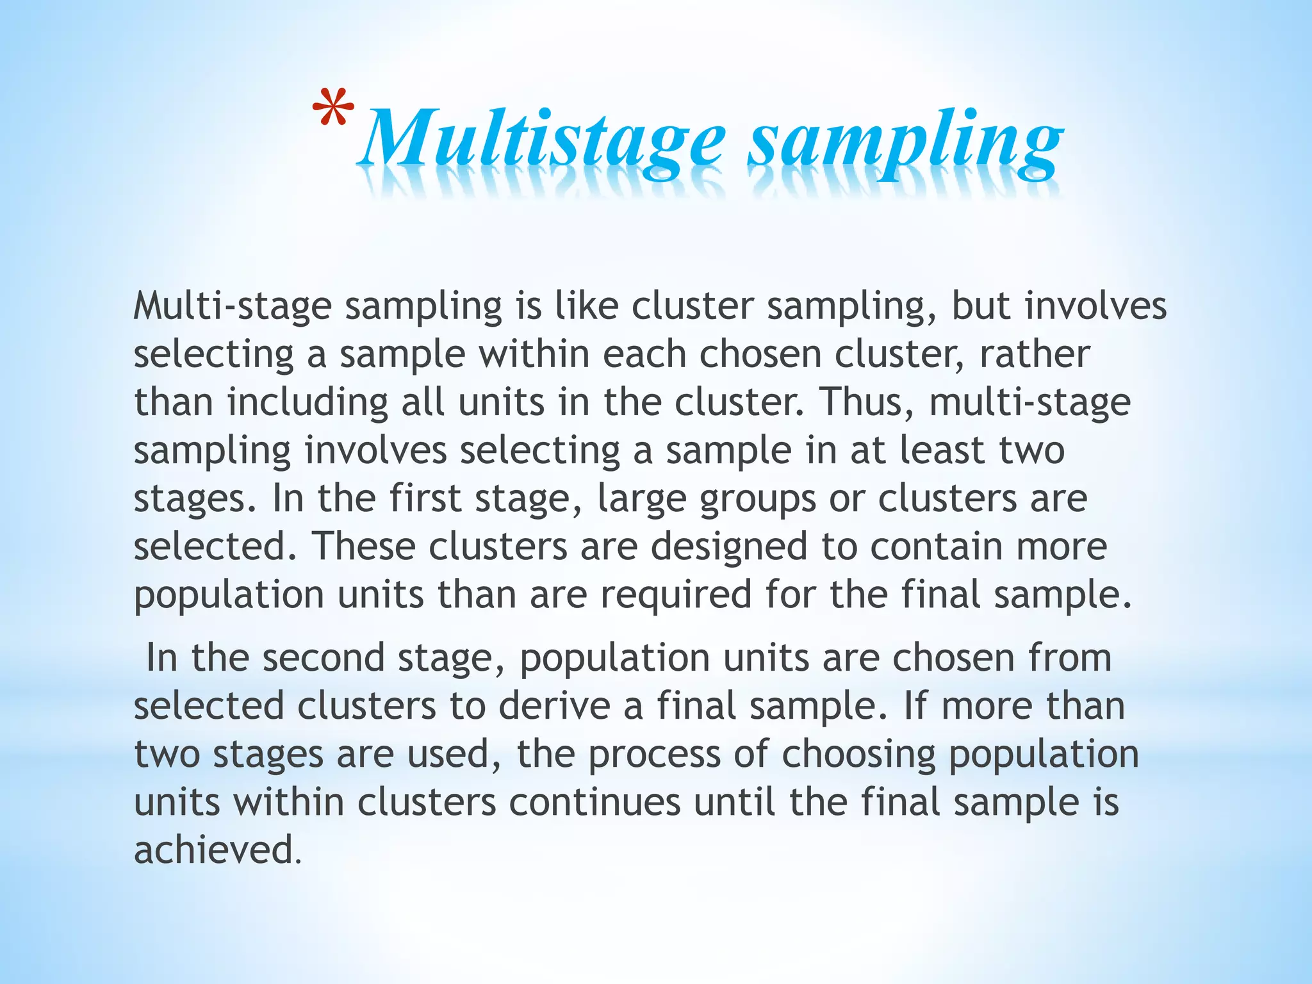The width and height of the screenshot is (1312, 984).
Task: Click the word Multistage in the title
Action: click(542, 140)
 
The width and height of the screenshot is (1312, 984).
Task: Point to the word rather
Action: click(1034, 354)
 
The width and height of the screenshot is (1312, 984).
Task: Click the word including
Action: click(307, 403)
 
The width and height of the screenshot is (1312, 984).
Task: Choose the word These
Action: click(364, 546)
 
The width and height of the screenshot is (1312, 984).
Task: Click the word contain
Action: click(936, 546)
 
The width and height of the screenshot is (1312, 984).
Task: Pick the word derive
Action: click(554, 705)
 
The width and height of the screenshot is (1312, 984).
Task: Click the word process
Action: click(654, 755)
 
